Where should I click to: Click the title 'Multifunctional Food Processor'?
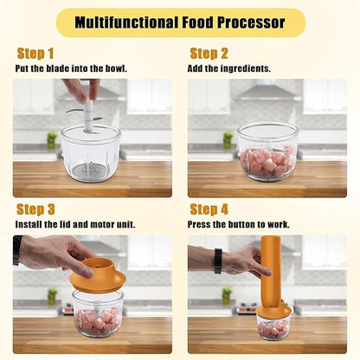180,22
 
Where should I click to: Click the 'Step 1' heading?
35,54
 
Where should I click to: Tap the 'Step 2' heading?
209,54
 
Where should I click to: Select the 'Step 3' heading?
35,209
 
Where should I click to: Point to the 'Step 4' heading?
209,209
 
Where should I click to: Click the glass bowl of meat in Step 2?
267,152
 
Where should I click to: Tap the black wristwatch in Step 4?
218,260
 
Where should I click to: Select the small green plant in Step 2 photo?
228,138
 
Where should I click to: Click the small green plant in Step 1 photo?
52,138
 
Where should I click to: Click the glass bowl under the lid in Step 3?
98,314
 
